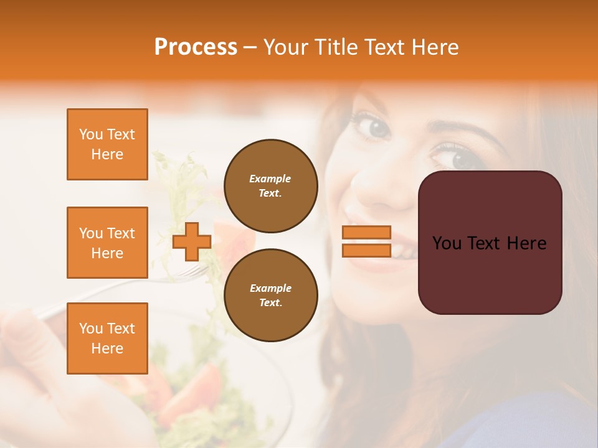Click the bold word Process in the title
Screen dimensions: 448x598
point(196,47)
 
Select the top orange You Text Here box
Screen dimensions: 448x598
point(107,144)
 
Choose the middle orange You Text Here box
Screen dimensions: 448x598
point(107,243)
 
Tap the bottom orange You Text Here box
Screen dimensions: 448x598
point(107,338)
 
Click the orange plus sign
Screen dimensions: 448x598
point(192,241)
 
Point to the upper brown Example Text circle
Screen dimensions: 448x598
point(270,185)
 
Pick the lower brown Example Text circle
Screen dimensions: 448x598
point(270,295)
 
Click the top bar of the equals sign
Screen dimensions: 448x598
point(366,232)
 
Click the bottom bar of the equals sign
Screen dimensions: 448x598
point(366,250)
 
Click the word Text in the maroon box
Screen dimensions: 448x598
point(490,243)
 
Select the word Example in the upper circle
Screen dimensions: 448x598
point(270,179)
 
